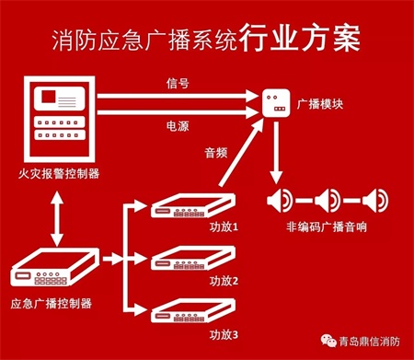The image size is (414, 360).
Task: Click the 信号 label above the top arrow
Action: tap(178, 83)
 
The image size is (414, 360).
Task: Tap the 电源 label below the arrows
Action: tap(178, 126)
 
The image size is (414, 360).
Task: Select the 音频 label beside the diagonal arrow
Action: tap(216, 153)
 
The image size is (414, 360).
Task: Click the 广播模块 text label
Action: tap(320, 104)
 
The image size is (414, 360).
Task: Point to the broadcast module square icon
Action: tap(276, 103)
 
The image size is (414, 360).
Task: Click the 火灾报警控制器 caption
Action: tap(59, 174)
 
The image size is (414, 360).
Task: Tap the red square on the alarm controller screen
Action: tap(49, 96)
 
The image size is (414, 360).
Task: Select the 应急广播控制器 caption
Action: tap(52, 304)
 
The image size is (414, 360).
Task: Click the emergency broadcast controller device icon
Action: tap(55, 266)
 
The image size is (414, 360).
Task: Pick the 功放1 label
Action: tap(224, 227)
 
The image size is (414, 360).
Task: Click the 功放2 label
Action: tap(224, 281)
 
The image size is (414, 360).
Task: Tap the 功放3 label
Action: tap(224, 334)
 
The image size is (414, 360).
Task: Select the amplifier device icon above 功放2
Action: tap(193, 258)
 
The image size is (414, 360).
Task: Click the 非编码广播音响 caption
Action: tap(327, 227)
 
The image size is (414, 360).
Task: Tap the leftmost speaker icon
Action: tap(280, 201)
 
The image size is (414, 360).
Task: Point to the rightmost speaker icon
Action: tap(375, 201)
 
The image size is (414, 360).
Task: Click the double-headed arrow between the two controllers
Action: tap(57, 219)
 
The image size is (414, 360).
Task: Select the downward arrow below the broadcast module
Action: tap(276, 153)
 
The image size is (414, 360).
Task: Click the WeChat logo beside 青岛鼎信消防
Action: tap(328, 341)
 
